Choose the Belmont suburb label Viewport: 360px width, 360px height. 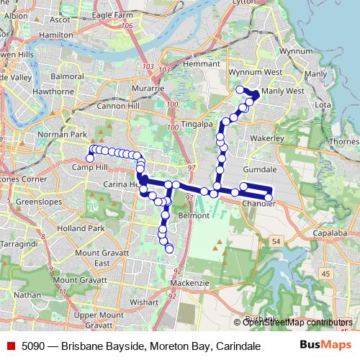point(194,215)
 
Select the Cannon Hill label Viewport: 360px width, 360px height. point(123,106)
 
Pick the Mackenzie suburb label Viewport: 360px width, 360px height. point(191,283)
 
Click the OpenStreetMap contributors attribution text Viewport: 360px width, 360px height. point(297,322)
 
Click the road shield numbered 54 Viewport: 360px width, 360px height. point(277,243)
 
